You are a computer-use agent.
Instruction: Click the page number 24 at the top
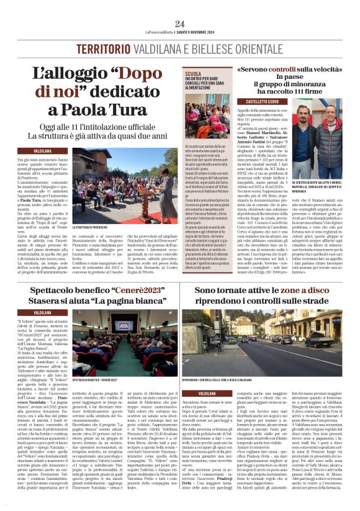(x=180, y=24)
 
